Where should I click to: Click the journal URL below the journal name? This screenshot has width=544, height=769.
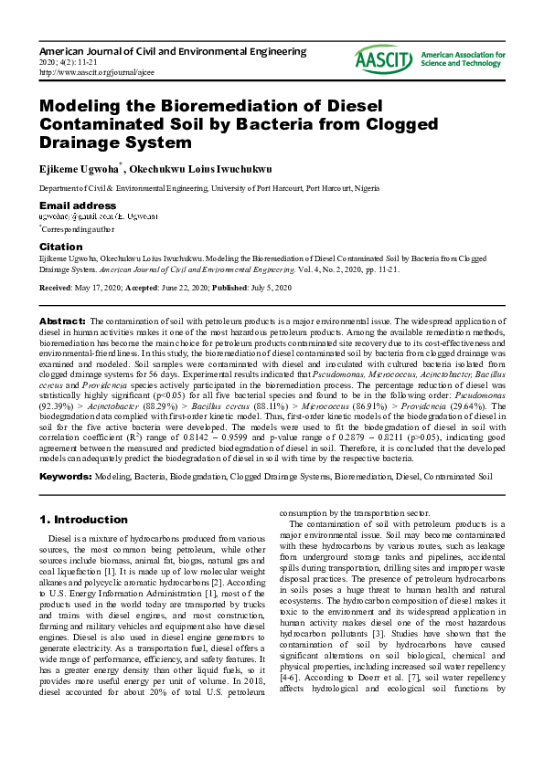[x=97, y=71]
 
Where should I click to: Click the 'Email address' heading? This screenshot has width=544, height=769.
[x=78, y=205]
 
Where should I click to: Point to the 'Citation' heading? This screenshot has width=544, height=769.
[x=61, y=247]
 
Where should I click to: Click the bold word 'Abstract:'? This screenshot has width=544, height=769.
[x=62, y=322]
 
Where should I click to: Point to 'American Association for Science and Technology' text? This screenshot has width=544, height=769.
[x=464, y=60]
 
